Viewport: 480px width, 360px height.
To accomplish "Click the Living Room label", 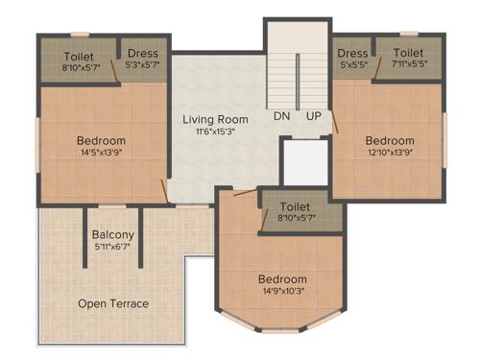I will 216,120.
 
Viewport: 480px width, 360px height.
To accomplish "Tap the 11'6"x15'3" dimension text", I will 216,133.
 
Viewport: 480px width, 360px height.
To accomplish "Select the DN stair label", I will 281,116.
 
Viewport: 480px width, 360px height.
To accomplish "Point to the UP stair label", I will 314,116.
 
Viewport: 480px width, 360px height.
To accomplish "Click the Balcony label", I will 112,235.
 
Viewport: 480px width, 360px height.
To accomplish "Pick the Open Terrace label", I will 113,303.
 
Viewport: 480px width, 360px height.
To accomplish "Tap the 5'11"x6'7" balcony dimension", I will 112,248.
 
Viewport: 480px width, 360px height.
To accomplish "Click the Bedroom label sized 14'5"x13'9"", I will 101,141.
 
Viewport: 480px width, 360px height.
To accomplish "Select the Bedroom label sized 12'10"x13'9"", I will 390,141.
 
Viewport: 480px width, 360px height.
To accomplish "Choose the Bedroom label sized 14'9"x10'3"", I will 282,279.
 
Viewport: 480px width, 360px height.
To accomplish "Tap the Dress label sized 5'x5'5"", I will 353,53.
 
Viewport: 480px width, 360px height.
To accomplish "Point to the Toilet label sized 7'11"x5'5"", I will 408,53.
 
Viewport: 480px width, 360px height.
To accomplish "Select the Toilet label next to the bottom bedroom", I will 295,207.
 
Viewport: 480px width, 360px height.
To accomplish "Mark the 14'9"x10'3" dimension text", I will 282,292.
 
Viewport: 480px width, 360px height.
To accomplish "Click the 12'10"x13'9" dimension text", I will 390,154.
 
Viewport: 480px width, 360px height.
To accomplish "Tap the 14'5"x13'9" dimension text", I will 101,154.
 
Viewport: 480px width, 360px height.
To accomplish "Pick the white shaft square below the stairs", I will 302,159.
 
